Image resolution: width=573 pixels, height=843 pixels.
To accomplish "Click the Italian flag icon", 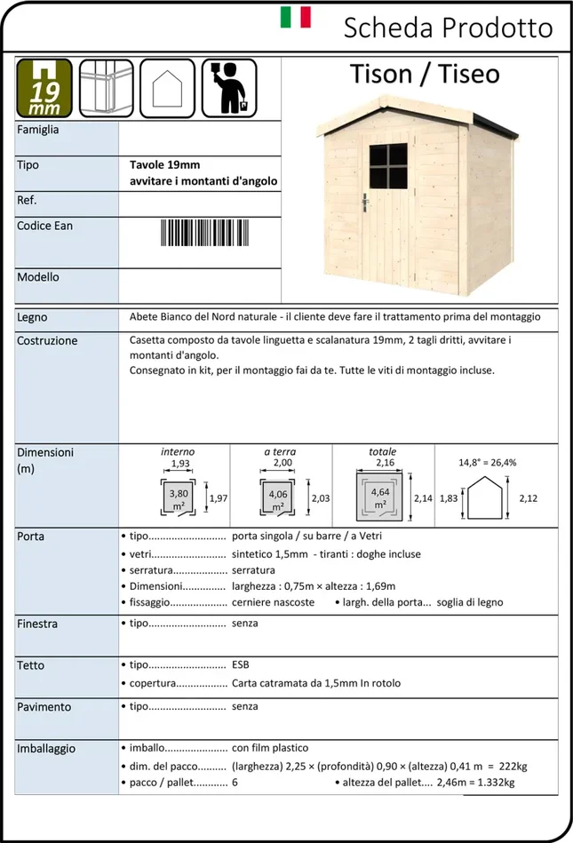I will coord(296,18).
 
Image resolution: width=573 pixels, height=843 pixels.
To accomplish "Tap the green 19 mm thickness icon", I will coord(44,88).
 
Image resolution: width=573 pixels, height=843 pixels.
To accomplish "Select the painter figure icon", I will coord(228,87).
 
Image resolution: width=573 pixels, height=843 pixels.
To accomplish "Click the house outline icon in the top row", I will coord(166,87).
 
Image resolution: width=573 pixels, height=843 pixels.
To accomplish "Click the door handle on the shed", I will coord(364,203).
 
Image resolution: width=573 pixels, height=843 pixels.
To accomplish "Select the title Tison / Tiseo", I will coord(424,74).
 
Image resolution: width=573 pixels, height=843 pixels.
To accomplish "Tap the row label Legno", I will coord(32,317).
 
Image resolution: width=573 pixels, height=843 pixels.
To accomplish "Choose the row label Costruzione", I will coord(47,340).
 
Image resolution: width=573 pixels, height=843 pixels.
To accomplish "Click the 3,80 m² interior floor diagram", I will coord(178,498).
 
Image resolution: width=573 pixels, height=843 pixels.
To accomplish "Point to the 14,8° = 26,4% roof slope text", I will coord(488,462).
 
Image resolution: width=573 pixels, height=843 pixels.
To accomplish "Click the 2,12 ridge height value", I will coord(528,498).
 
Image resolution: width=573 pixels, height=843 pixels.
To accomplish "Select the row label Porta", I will coord(30,537).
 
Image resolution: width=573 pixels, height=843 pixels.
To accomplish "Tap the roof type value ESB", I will coord(241,664).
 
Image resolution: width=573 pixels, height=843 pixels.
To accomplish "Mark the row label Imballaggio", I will coord(46,749).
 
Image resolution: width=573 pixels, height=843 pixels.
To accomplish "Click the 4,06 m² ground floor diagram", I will coord(279,498).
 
